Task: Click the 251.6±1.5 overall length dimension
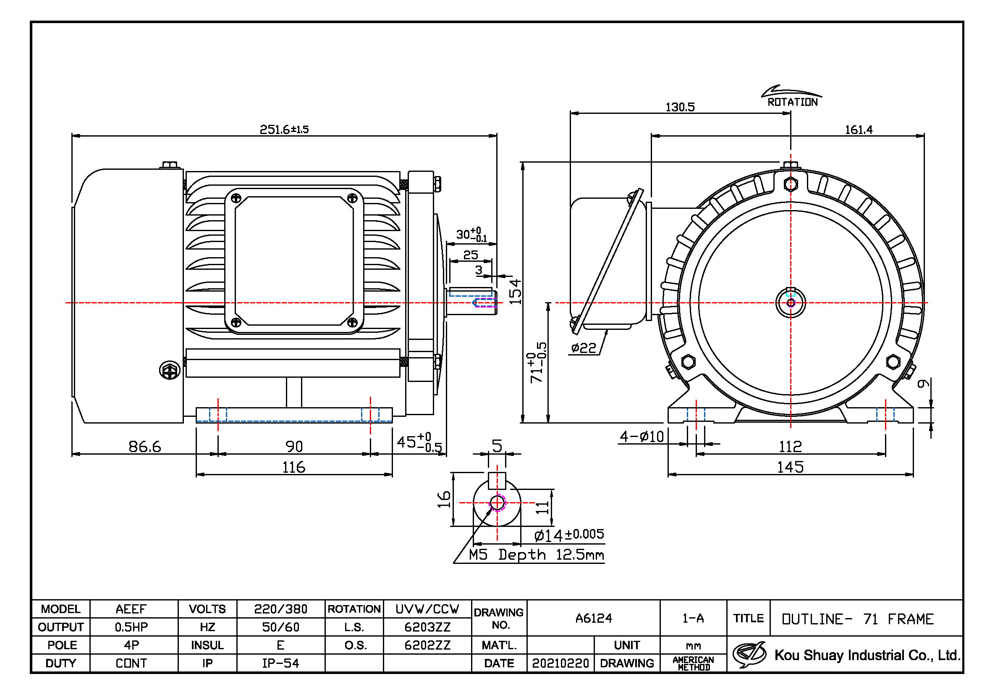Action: pos(284,129)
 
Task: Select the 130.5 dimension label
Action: pos(680,107)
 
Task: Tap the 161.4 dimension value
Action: pos(859,130)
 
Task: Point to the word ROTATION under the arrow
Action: pos(792,102)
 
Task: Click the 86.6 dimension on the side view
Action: pos(144,447)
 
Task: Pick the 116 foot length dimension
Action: pos(294,467)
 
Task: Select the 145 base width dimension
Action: pos(790,467)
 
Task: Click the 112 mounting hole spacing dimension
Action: pos(790,447)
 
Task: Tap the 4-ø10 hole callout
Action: pos(642,437)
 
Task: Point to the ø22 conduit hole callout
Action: pos(584,348)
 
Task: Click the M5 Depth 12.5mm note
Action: pos(536,555)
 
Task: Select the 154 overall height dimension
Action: pos(516,292)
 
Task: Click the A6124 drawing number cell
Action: pos(594,619)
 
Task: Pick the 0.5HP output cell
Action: pos(131,627)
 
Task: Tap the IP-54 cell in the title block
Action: pos(280,663)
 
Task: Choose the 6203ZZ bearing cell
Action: pos(427,627)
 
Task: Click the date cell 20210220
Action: pos(560,663)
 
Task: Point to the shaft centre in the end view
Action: pos(791,303)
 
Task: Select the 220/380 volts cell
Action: pos(280,609)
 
